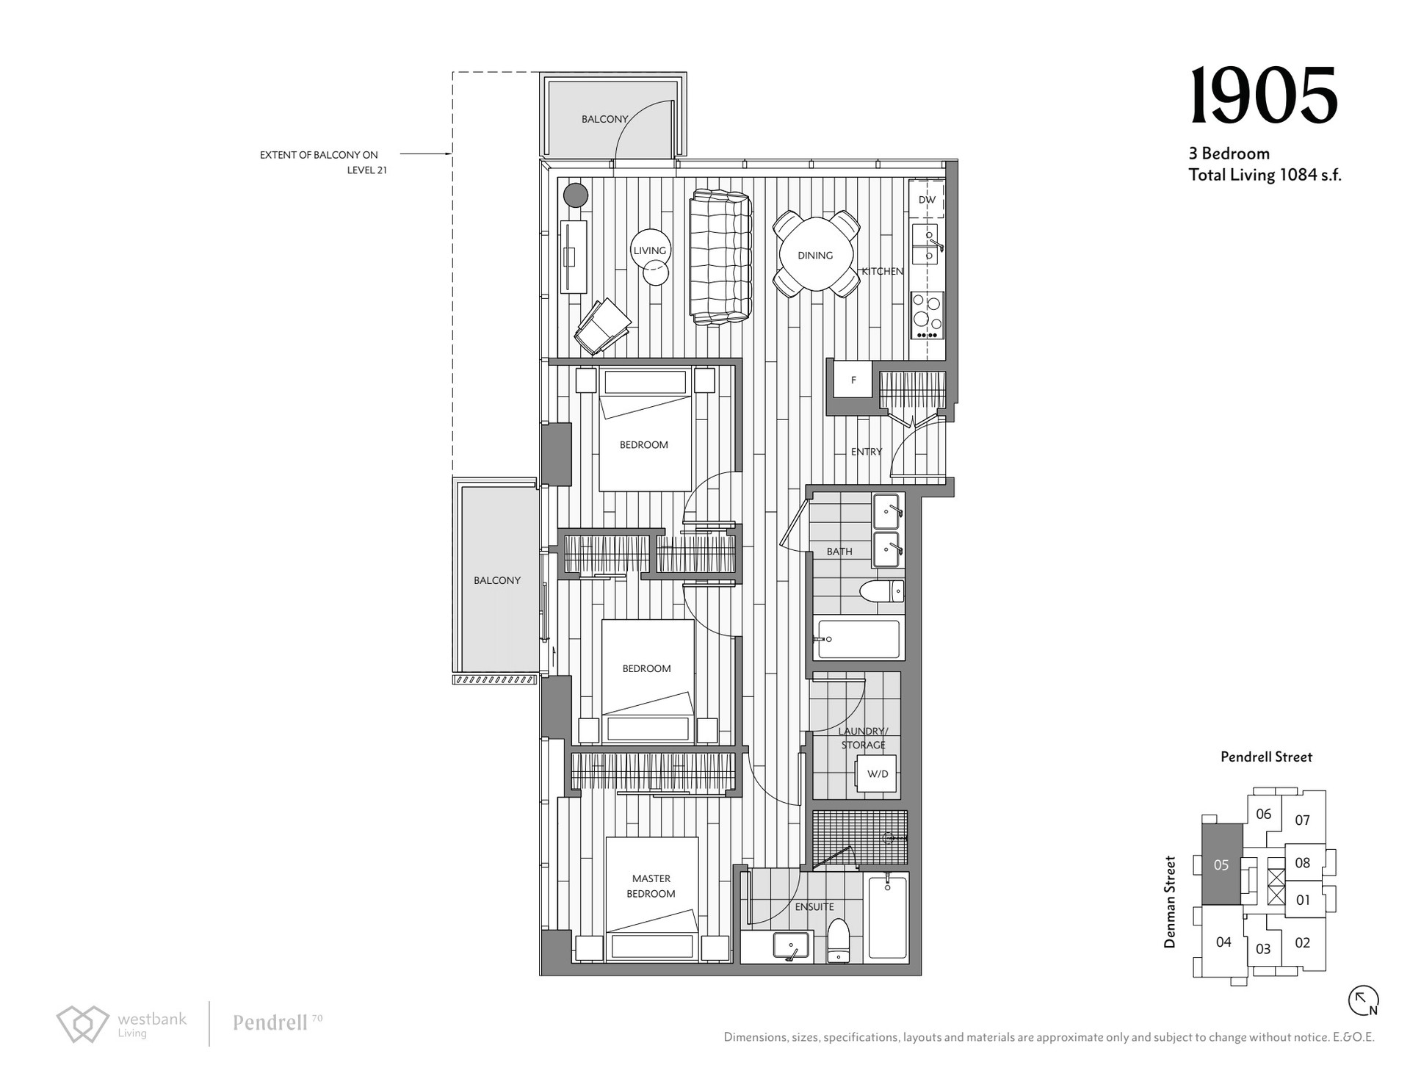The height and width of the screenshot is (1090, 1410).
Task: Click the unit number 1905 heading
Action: (1263, 96)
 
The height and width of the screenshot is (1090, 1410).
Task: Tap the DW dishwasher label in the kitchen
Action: (927, 200)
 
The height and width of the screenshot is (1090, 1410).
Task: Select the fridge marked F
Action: (853, 380)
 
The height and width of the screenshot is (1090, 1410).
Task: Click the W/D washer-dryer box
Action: (877, 773)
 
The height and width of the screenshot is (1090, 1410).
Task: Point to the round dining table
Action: (815, 254)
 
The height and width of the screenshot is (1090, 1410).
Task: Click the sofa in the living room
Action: (721, 257)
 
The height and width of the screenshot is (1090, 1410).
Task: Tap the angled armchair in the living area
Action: (603, 326)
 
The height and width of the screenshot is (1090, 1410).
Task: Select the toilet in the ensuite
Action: (838, 941)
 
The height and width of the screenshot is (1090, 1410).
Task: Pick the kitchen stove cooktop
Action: (927, 315)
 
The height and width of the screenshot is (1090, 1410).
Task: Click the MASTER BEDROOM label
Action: (651, 886)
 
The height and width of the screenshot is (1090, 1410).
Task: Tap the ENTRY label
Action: (867, 452)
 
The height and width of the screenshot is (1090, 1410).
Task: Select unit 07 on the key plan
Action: (1302, 820)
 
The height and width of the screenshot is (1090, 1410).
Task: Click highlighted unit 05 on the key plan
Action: (1221, 865)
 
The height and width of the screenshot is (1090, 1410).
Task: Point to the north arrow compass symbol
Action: (1363, 1000)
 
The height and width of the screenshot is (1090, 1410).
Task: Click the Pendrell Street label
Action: (1266, 757)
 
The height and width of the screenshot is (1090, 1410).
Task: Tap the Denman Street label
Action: (1171, 902)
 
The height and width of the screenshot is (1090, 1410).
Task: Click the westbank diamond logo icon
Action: (83, 1024)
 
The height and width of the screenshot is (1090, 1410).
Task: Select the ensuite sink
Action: (791, 945)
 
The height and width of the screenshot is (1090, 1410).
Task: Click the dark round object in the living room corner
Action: (576, 195)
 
